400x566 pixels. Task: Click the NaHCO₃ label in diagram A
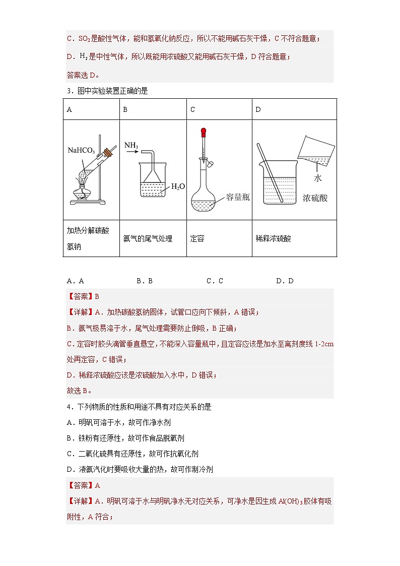81,150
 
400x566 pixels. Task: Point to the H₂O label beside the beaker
178,187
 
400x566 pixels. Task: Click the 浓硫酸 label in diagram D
315,198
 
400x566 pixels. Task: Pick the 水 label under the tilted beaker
317,178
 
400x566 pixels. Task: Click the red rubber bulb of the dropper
204,133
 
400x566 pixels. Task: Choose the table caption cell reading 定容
197,238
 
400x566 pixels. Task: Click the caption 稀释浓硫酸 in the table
273,238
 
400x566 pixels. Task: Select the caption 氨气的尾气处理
148,238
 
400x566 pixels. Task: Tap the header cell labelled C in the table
193,109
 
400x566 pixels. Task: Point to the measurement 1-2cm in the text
324,344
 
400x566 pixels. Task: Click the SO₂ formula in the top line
84,38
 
